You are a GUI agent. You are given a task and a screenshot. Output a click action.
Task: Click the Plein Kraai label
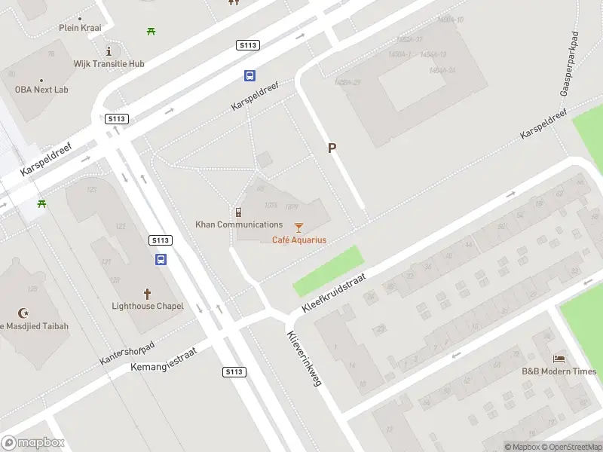(80, 28)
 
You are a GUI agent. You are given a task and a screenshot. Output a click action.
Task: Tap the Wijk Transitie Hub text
(109, 64)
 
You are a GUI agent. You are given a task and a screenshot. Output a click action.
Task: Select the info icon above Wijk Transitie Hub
(109, 51)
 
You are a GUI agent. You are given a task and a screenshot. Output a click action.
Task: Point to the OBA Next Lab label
(41, 90)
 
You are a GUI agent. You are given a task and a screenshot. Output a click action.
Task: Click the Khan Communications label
(239, 224)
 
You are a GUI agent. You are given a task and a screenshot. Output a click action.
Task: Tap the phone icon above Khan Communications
(239, 212)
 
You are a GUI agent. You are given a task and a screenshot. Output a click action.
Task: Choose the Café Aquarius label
(299, 240)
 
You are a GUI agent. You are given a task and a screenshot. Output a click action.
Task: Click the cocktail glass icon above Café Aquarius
(299, 227)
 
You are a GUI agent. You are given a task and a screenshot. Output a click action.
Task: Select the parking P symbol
(331, 148)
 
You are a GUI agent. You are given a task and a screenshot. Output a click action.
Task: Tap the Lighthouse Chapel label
(147, 306)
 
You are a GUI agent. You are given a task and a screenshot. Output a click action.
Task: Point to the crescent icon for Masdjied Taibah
(23, 313)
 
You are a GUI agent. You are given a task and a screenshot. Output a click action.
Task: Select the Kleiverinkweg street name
(304, 359)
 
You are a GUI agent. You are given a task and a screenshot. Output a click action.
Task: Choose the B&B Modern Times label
(559, 371)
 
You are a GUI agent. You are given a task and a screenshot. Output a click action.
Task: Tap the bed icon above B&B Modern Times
(559, 358)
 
